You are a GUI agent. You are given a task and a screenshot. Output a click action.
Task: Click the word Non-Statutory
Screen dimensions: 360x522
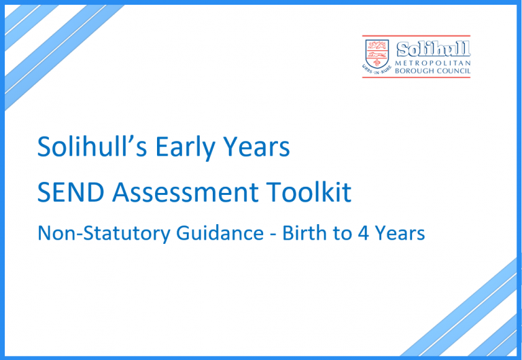click(x=98, y=234)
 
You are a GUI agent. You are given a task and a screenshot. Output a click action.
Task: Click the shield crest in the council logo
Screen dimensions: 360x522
click(x=377, y=51)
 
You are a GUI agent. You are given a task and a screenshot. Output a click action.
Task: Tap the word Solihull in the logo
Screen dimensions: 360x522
click(x=433, y=50)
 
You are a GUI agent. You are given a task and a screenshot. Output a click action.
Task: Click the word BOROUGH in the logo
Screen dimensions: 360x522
click(x=416, y=70)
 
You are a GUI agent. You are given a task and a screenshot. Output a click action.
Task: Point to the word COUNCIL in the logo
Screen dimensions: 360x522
click(x=454, y=70)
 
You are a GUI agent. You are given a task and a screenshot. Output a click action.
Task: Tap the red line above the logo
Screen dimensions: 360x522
click(x=417, y=36)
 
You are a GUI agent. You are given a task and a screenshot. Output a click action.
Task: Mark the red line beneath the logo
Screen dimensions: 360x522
click(x=417, y=77)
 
